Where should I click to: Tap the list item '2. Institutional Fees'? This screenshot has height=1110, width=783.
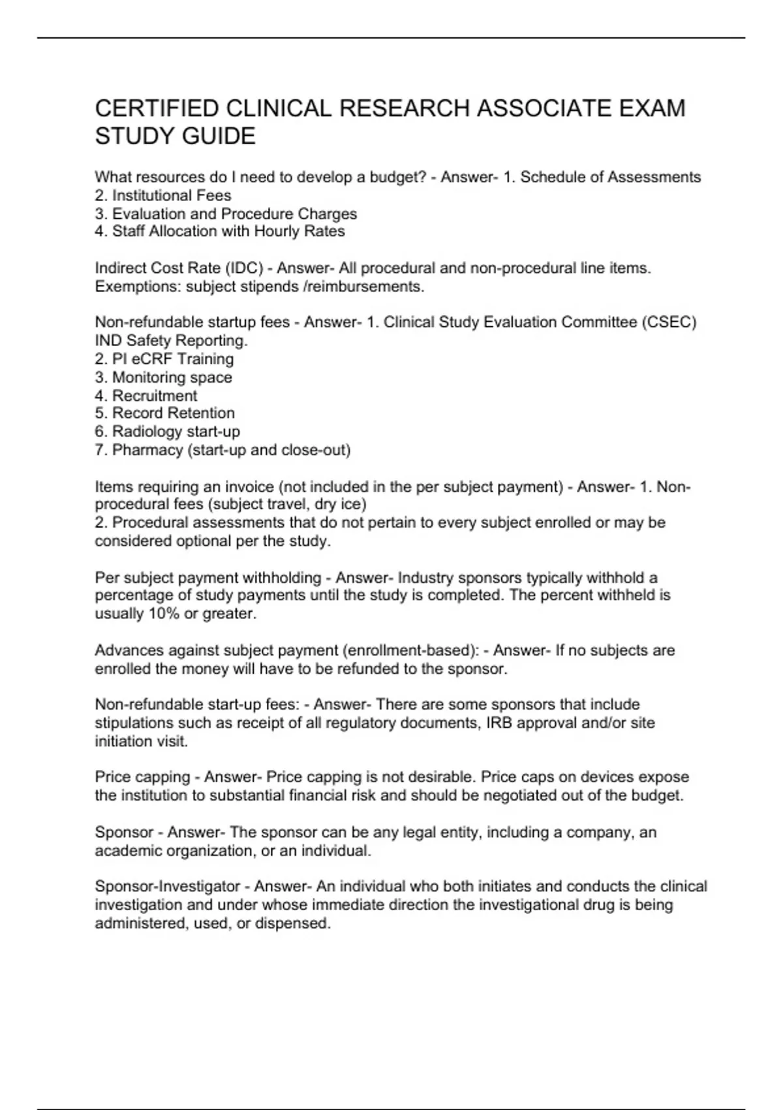(x=163, y=196)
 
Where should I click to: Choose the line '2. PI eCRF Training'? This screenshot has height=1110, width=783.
(x=164, y=359)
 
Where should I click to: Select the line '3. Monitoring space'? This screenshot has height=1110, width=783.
(x=163, y=377)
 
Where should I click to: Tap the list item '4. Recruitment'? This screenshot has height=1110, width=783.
(x=146, y=396)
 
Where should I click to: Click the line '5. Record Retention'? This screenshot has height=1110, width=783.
(x=165, y=413)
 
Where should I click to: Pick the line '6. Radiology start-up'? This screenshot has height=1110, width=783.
(x=168, y=432)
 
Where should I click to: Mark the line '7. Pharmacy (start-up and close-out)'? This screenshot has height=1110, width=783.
(x=223, y=450)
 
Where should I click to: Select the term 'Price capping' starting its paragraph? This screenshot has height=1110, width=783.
(x=142, y=778)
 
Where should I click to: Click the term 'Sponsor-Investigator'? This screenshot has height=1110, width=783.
(x=168, y=887)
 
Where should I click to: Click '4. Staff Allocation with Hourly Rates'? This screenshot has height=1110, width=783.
(x=220, y=232)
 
